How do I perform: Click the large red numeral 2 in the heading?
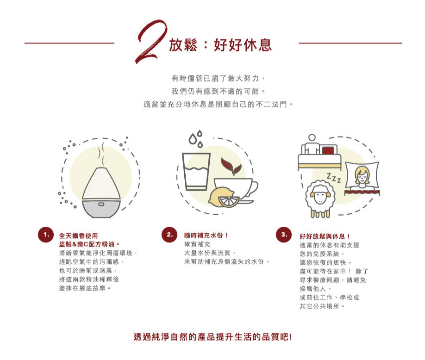151,42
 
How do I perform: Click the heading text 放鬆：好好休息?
220,45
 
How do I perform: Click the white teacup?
234,187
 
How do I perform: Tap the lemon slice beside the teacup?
230,202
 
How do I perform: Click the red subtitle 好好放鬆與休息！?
325,236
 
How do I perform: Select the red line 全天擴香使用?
79,236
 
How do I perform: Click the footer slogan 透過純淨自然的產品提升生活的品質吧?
213,337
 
